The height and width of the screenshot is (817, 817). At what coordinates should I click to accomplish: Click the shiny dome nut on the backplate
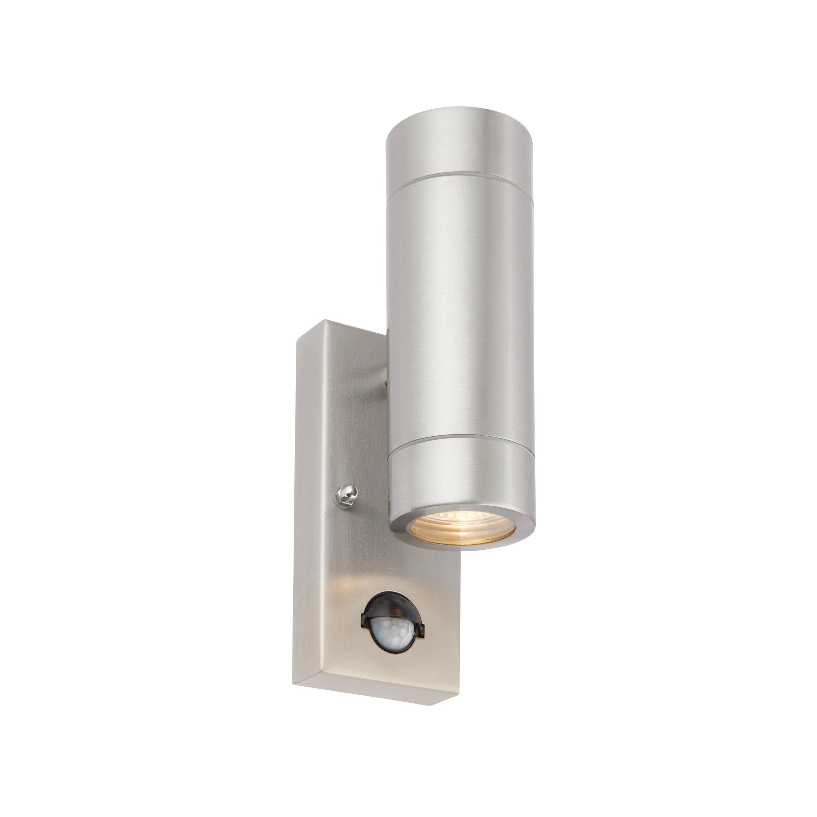point(346,492)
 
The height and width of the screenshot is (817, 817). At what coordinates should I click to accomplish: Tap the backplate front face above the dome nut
point(351,423)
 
